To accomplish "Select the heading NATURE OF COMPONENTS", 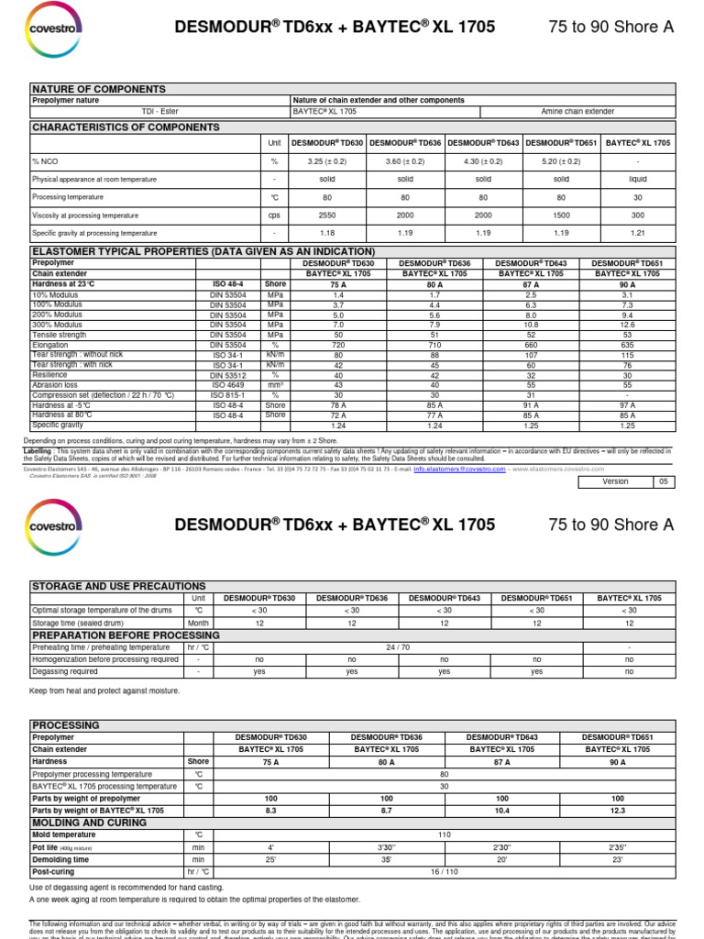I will [x=99, y=89].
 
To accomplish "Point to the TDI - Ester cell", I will [x=159, y=111].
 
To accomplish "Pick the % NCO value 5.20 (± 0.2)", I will [x=561, y=161].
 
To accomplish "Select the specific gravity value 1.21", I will [x=638, y=233].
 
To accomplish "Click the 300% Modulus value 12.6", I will [x=627, y=324].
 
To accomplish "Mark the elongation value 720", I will [x=339, y=344].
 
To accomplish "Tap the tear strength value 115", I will [x=627, y=354].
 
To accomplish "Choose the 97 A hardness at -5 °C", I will [x=627, y=404].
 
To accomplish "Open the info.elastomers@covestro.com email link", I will [x=458, y=468].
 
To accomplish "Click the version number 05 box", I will [x=664, y=481].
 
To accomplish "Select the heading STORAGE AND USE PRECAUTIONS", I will [x=119, y=586].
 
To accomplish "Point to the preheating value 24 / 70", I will [x=398, y=646].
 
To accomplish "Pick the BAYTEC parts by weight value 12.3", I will [x=617, y=811].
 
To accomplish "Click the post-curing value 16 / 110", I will [x=444, y=872].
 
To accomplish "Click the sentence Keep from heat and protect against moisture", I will [x=104, y=690].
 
